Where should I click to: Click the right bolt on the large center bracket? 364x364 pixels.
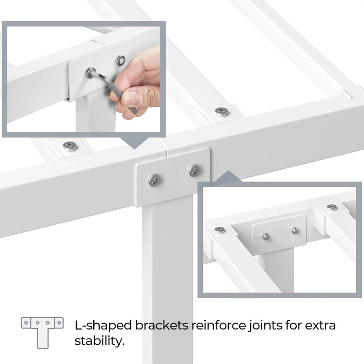[194, 171]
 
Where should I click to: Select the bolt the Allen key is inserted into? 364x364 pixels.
[89, 73]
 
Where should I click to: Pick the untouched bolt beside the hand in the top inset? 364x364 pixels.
[121, 60]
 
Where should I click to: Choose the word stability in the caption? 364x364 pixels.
[99, 341]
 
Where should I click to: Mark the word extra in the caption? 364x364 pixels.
[318, 325]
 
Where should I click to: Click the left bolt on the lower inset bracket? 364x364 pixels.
[266, 237]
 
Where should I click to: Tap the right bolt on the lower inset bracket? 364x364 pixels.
[295, 231]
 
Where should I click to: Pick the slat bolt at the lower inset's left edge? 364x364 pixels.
[220, 230]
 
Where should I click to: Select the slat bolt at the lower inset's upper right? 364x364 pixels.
[332, 207]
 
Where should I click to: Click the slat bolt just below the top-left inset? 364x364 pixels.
[69, 146]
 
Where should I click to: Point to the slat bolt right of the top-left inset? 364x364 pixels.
[222, 111]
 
